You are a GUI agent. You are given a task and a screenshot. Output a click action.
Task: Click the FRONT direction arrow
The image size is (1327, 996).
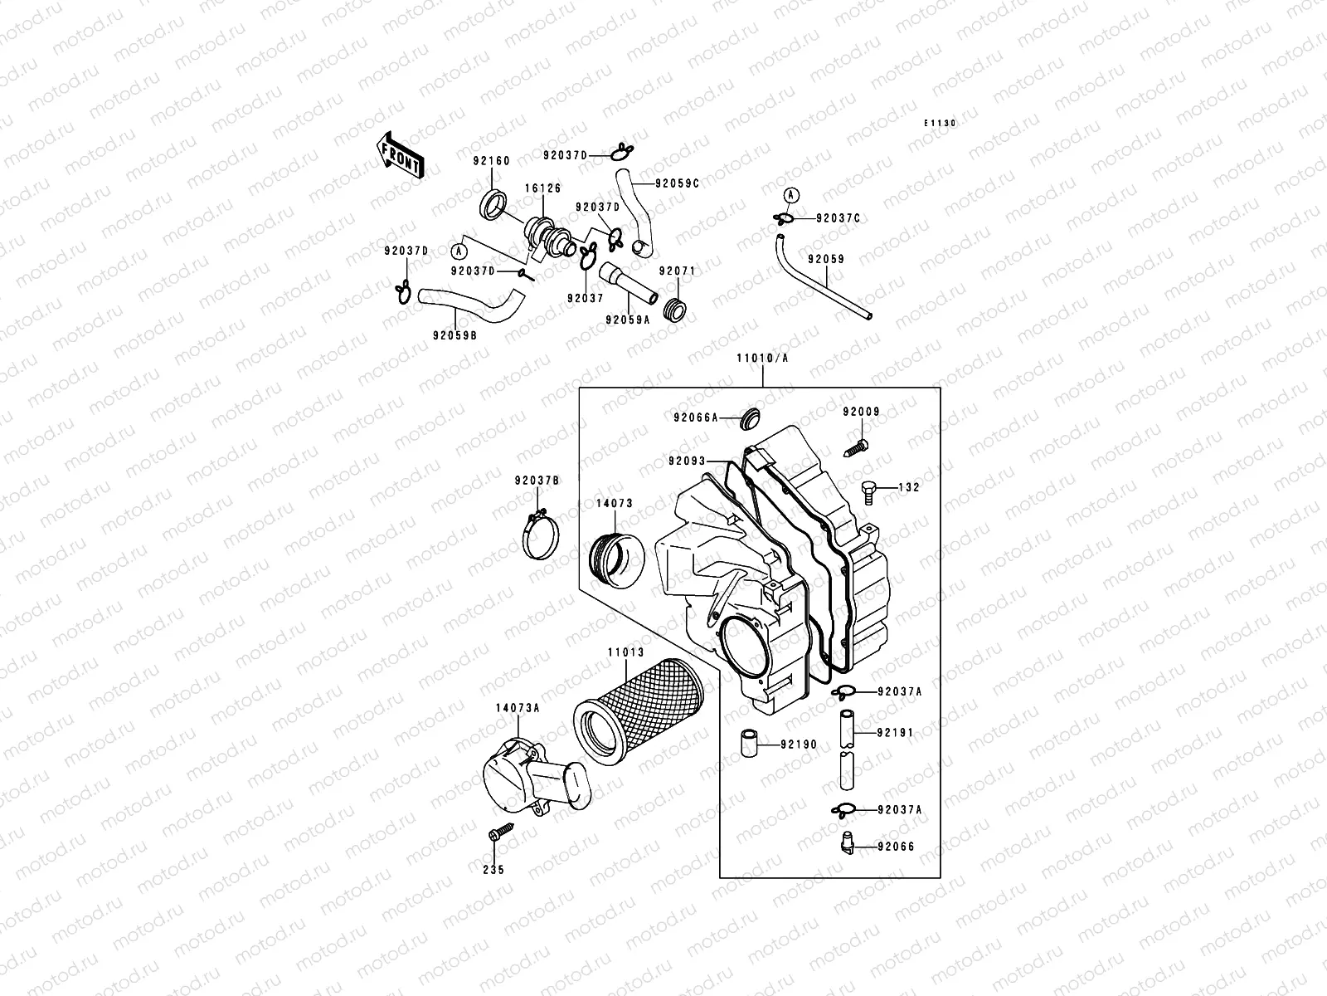click(400, 155)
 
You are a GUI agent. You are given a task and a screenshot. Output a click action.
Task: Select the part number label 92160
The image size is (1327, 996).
click(491, 161)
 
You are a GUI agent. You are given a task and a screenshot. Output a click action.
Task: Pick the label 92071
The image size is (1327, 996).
click(677, 271)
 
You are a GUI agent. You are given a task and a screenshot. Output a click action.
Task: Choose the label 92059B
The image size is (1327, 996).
click(454, 336)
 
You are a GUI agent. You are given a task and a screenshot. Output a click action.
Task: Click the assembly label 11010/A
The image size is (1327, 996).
click(762, 359)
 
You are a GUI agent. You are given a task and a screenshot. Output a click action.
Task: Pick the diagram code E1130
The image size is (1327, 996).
click(941, 123)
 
